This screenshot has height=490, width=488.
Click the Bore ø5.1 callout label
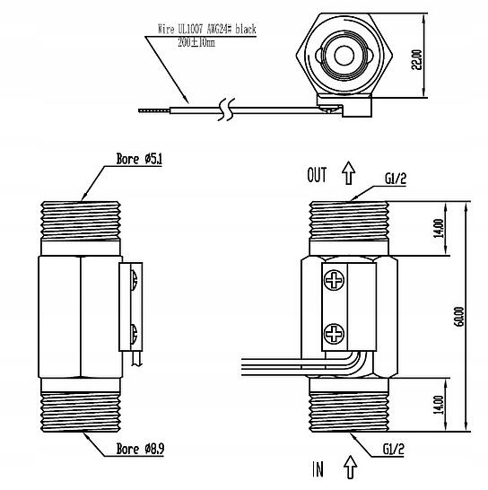(139, 159)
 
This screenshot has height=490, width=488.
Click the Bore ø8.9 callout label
(140, 449)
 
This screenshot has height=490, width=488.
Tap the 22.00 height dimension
(417, 60)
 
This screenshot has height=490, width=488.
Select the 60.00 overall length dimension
(459, 317)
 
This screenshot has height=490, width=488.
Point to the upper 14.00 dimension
(439, 228)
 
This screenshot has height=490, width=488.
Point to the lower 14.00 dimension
(439, 405)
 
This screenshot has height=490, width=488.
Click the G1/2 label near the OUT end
(396, 179)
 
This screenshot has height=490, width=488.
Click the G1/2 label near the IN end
(393, 450)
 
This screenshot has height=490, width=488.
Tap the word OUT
(317, 175)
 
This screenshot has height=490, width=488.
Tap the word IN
(318, 469)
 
